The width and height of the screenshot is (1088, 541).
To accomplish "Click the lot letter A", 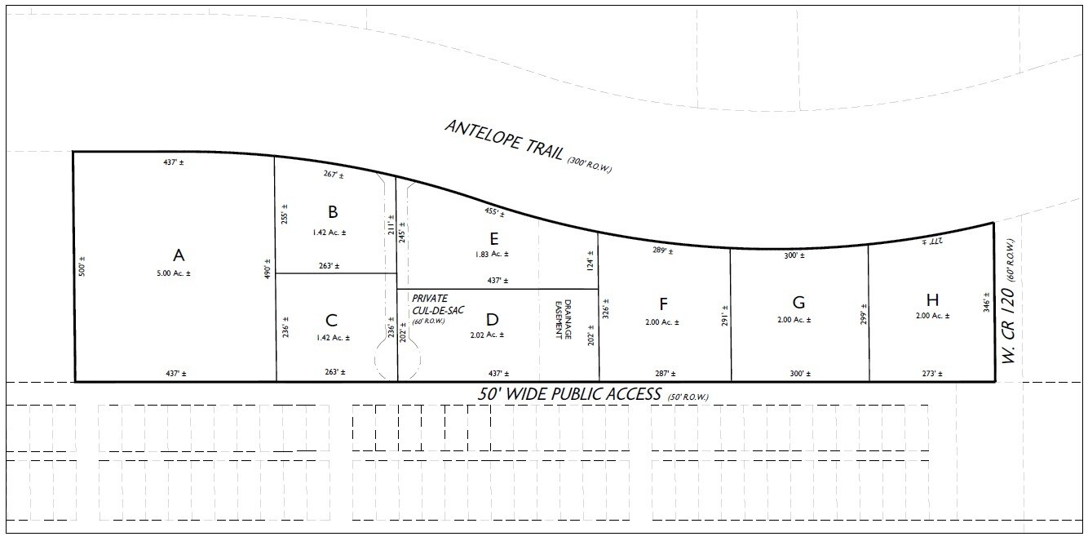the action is (x=179, y=255).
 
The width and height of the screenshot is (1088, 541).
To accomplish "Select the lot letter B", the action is (x=333, y=212).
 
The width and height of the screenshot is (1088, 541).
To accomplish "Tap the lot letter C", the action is (x=331, y=321).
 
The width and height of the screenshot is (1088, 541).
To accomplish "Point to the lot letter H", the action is (x=932, y=299).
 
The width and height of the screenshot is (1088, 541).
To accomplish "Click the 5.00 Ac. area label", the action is (x=174, y=273).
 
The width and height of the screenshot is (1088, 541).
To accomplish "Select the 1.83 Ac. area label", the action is (x=492, y=254).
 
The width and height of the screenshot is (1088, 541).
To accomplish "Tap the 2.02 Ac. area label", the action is (x=487, y=335).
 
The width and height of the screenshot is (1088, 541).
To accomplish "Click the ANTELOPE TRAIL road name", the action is (x=504, y=140).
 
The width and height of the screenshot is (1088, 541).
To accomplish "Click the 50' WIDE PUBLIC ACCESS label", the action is (x=569, y=394).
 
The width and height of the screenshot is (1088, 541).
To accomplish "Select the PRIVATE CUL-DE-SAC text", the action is (x=438, y=304).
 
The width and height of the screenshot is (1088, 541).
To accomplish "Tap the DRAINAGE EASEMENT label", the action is (x=564, y=319).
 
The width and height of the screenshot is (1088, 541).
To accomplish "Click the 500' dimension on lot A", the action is (x=82, y=266).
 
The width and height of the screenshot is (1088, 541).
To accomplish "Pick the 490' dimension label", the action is (x=267, y=268).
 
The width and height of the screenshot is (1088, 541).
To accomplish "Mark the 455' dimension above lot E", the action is (x=494, y=212).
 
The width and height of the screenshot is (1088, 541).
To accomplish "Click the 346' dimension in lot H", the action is (x=987, y=302).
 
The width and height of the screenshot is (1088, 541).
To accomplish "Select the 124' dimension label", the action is (x=590, y=260).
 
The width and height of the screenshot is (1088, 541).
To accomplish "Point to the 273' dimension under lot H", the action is (x=932, y=374).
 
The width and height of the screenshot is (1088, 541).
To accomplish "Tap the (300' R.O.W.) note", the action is (x=589, y=166).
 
